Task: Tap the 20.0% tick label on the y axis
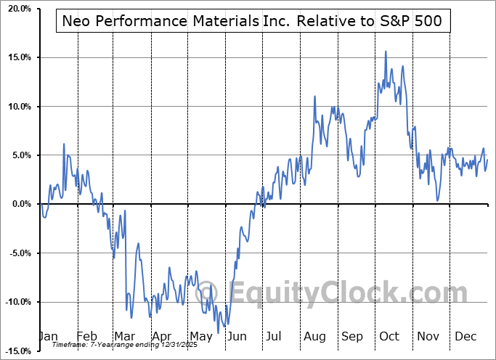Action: click(x=16, y=9)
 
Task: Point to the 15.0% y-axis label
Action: click(x=16, y=57)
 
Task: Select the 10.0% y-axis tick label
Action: click(x=16, y=107)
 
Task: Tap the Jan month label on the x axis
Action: click(x=47, y=337)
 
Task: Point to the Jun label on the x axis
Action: click(x=237, y=337)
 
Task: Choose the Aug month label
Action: click(x=314, y=337)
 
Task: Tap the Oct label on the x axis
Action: click(x=391, y=337)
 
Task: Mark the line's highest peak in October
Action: click(x=386, y=52)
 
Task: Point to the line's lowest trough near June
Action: click(x=219, y=332)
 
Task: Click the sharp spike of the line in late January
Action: click(x=64, y=144)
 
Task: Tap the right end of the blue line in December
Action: click(x=487, y=160)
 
